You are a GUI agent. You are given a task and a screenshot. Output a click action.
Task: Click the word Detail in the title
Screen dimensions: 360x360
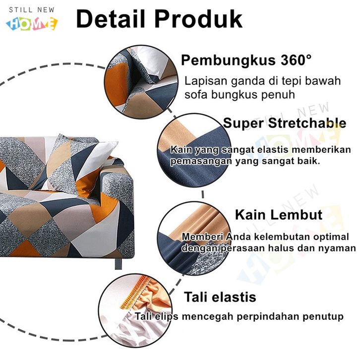(111, 19)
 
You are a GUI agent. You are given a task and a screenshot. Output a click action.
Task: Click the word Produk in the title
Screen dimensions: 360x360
(199, 19)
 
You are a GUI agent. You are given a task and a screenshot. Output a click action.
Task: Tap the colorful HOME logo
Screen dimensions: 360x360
(32, 23)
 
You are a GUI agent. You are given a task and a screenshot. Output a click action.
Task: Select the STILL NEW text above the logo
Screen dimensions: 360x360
(32, 10)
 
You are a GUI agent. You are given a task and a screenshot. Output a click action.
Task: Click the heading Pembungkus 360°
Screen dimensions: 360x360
(246, 60)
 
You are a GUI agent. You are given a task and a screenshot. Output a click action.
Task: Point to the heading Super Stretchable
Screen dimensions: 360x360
(285, 123)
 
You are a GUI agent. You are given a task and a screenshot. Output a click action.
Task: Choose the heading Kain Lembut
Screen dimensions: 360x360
(279, 215)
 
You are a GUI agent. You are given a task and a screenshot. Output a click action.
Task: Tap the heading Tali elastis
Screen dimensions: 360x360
(220, 297)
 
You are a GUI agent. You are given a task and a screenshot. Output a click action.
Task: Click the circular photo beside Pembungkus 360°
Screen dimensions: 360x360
(141, 82)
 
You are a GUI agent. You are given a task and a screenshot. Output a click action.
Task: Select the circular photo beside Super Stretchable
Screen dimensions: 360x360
(194, 150)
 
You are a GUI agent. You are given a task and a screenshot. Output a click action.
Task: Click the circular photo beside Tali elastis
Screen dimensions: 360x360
(135, 310)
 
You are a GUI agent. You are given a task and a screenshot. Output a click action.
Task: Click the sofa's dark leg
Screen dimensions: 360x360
(118, 263)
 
